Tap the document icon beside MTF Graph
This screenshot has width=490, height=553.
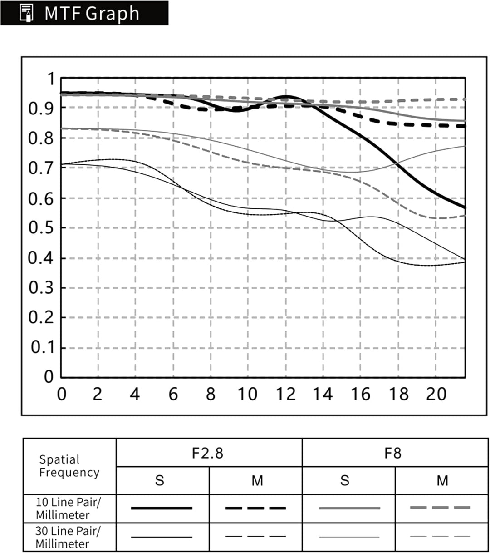pyautogui.click(x=26, y=13)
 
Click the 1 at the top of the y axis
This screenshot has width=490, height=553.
pyautogui.click(x=51, y=79)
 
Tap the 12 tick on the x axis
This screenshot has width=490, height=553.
pyautogui.click(x=286, y=394)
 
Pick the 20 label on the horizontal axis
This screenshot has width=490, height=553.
pyautogui.click(x=436, y=394)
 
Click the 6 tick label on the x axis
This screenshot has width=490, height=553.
pyautogui.click(x=173, y=394)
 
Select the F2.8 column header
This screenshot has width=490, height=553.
pyautogui.click(x=207, y=454)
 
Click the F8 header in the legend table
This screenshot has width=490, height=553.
pyautogui.click(x=392, y=454)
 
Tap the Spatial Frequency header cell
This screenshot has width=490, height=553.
pyautogui.click(x=69, y=466)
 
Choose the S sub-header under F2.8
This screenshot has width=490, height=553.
pyautogui.click(x=160, y=480)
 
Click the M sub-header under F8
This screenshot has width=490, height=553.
pyautogui.click(x=442, y=480)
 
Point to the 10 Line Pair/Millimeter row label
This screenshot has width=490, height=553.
pyautogui.click(x=68, y=509)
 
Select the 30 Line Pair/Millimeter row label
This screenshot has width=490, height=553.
pyautogui.click(x=68, y=538)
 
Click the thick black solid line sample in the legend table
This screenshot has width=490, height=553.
pyautogui.click(x=162, y=508)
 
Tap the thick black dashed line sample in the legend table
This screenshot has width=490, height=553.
pyautogui.click(x=255, y=508)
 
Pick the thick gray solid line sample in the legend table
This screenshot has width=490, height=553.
pyautogui.click(x=349, y=508)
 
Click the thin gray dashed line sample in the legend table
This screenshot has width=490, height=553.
pyautogui.click(x=441, y=536)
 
